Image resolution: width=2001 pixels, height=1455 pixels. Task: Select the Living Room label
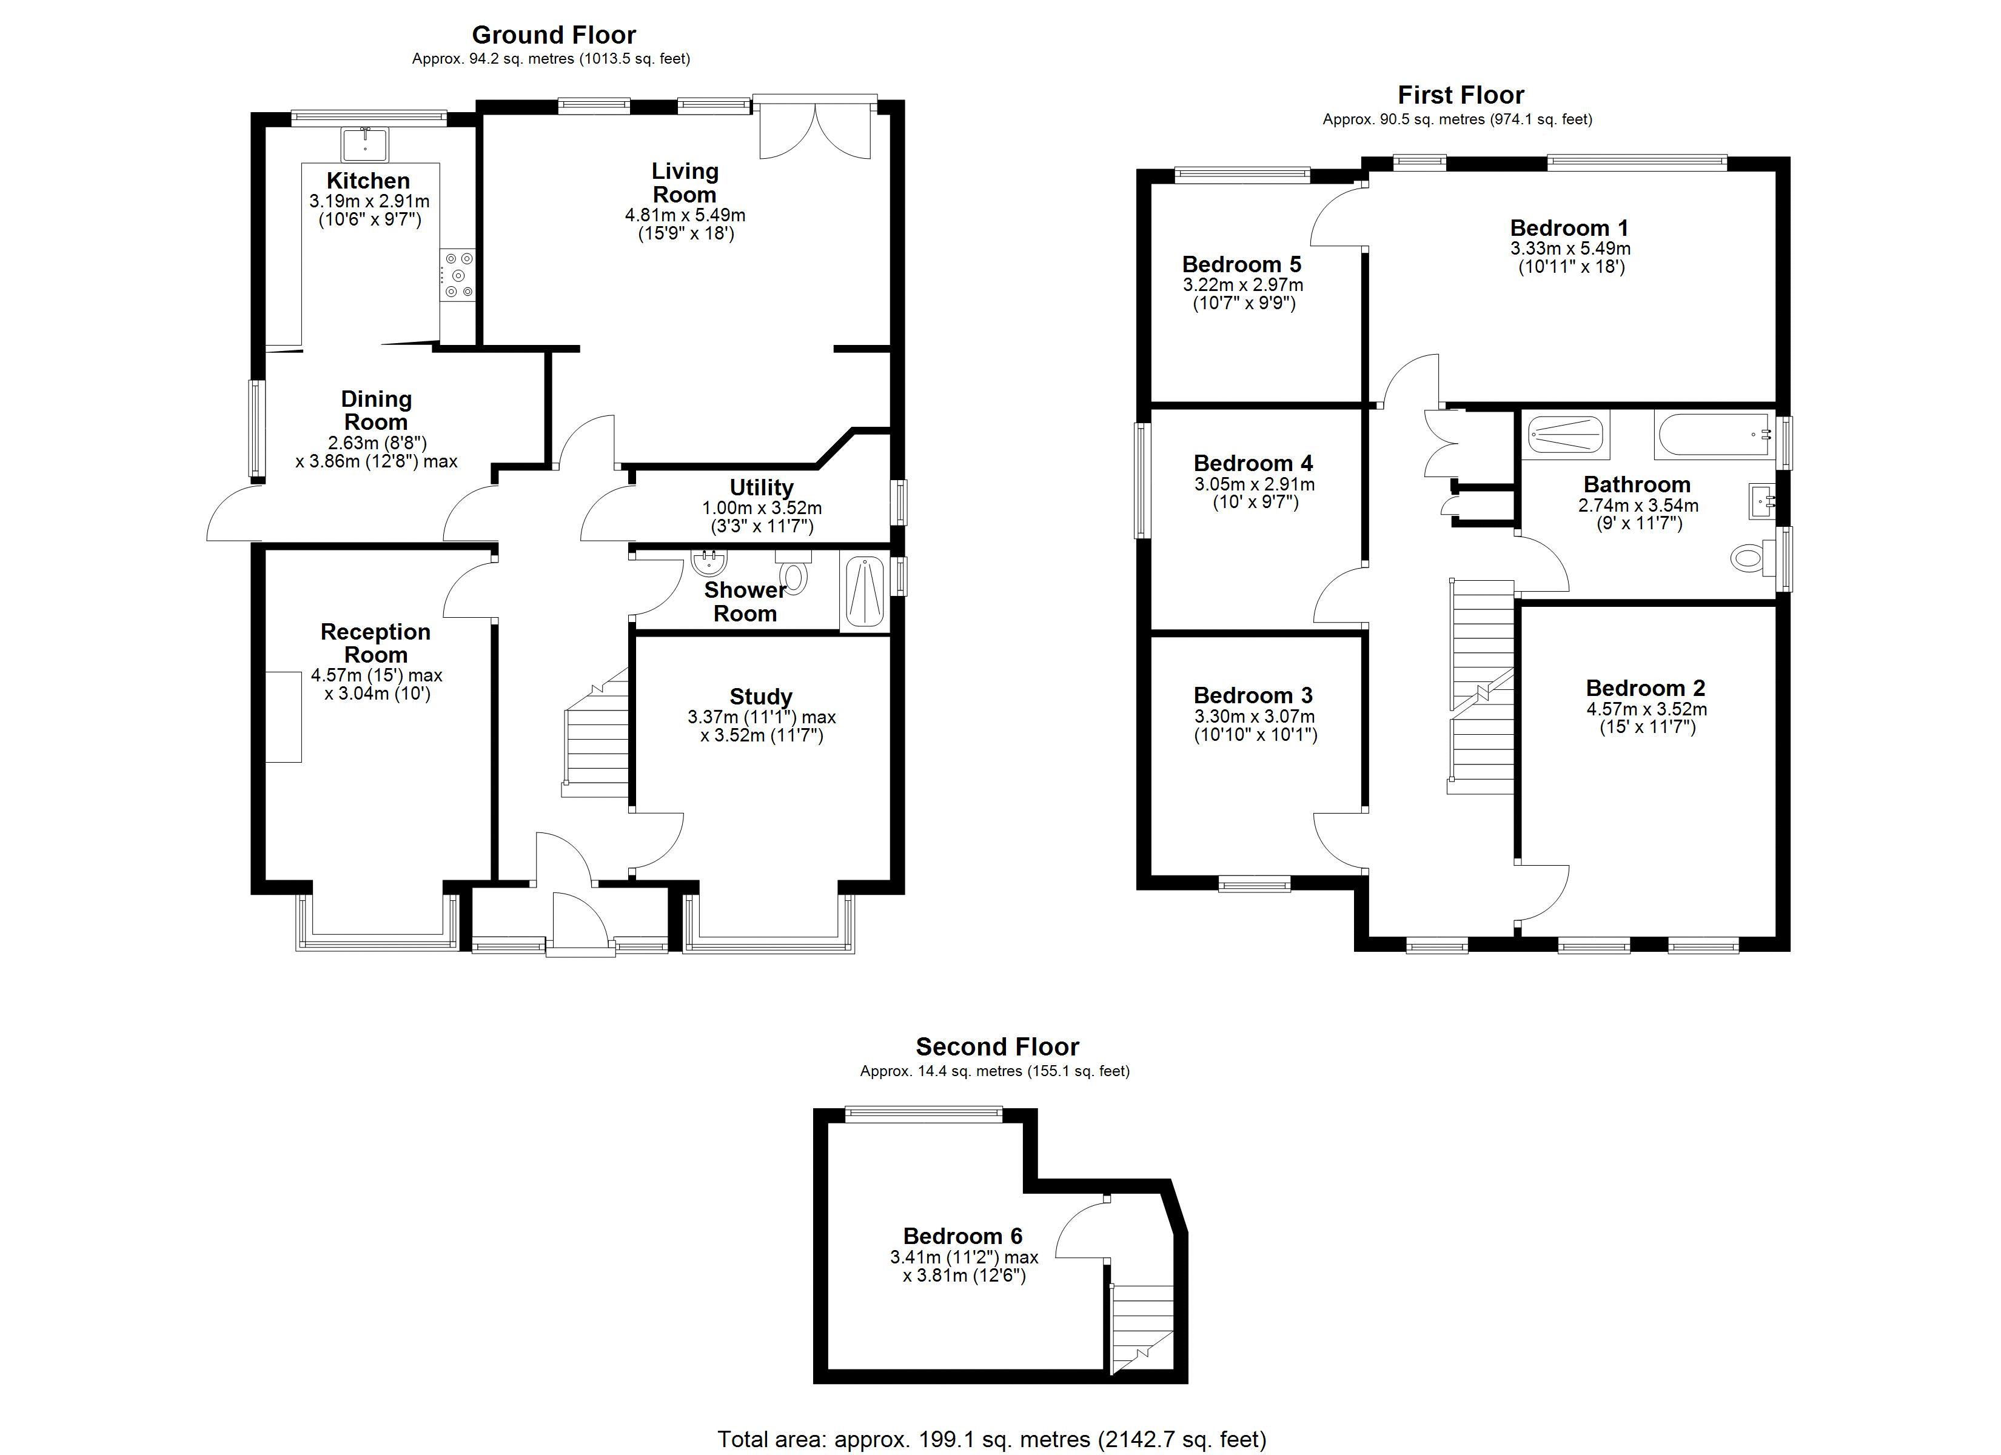tap(685, 182)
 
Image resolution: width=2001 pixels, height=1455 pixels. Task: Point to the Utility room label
tap(762, 487)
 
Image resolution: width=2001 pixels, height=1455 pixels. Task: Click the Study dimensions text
tap(762, 726)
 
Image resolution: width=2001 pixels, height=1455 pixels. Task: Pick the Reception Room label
tap(376, 643)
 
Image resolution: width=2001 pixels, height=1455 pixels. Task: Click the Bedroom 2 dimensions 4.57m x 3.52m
tap(1646, 709)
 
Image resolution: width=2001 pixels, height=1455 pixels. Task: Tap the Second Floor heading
tap(997, 1046)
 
